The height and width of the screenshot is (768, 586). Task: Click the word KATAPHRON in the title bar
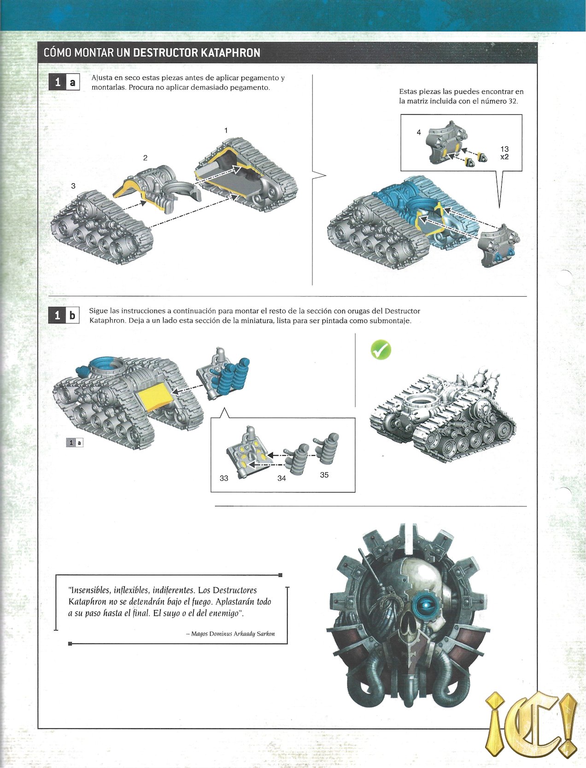coord(230,53)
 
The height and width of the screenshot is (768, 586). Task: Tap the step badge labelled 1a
coord(64,82)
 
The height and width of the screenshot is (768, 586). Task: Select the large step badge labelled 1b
coord(64,315)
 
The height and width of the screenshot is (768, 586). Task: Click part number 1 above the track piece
coord(226,131)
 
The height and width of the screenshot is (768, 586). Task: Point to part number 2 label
coord(145,158)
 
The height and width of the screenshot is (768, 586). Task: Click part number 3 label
coord(73,186)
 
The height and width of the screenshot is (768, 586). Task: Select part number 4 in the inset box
coord(418,132)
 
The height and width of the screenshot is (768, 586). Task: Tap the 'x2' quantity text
coord(504,157)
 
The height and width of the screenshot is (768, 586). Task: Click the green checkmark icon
coord(381,351)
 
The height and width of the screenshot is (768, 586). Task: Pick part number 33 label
coord(224,478)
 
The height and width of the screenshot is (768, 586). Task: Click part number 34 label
coord(281,478)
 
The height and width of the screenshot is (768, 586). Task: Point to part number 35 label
coord(324,475)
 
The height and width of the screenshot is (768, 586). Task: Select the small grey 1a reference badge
coord(75,443)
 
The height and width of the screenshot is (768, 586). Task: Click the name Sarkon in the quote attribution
coord(266,634)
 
